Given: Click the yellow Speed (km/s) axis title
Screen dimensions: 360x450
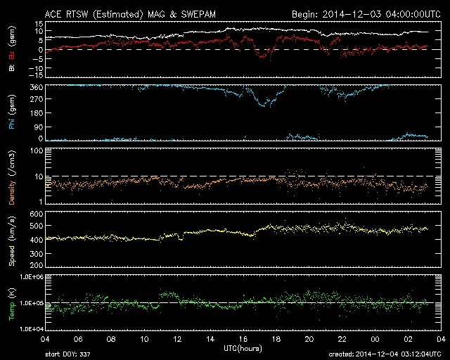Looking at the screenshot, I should tap(11, 240).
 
